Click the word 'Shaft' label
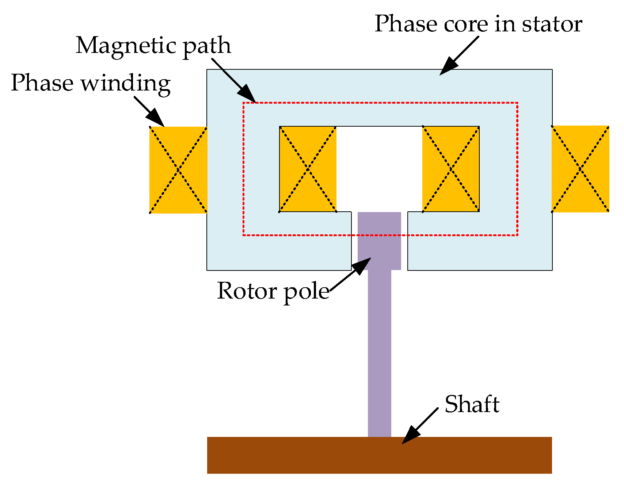tap(472, 404)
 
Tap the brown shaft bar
tap(379, 455)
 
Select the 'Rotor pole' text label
tap(273, 291)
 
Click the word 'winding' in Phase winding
tap(125, 83)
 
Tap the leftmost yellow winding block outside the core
tap(178, 170)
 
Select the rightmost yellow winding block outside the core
tap(580, 169)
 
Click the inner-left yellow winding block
tap(308, 169)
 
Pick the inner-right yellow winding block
tap(451, 169)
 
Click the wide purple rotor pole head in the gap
tap(379, 241)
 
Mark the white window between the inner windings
tap(379, 168)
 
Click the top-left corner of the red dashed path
tap(244, 103)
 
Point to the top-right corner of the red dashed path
tap(517, 103)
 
